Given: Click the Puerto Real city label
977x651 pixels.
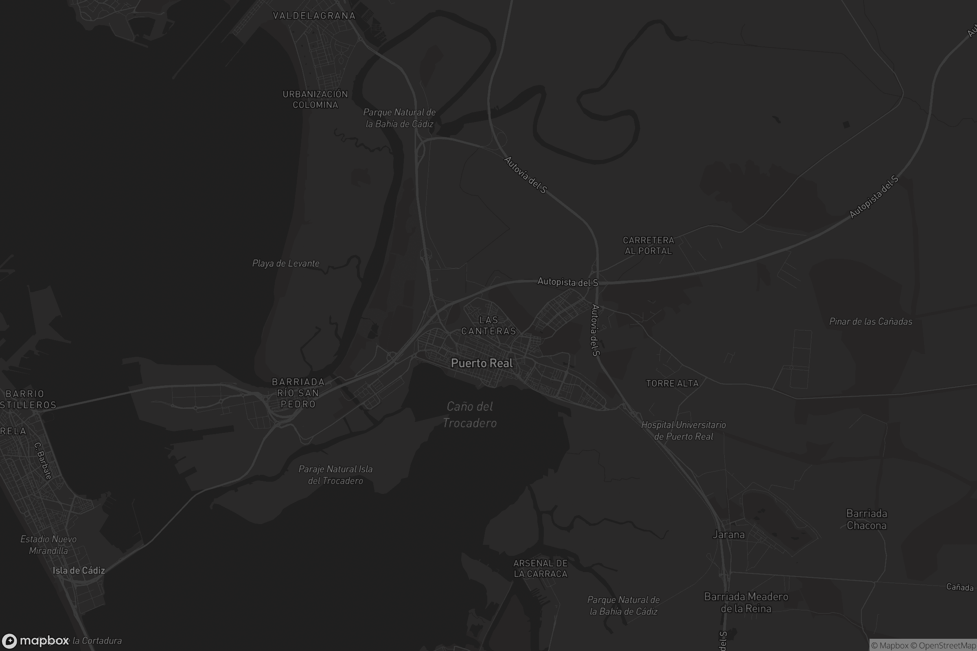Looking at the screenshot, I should (x=482, y=363).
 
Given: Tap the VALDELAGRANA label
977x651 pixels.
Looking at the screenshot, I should (x=314, y=16).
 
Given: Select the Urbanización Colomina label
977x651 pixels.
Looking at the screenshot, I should (x=315, y=99).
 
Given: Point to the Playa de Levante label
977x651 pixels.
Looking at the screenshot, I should (x=286, y=263).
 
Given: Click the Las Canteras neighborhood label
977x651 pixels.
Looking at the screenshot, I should (x=488, y=325).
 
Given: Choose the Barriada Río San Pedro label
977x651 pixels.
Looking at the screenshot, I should (x=298, y=393).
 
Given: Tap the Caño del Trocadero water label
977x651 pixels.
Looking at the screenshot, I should (x=470, y=414).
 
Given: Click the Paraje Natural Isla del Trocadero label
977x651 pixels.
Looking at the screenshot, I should (x=335, y=474).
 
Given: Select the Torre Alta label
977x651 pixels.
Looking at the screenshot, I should (x=672, y=383).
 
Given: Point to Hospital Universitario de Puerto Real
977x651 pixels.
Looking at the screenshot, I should (x=683, y=430).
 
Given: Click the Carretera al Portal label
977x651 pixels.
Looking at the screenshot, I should (x=648, y=245).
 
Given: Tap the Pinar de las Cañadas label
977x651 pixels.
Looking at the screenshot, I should (x=871, y=321).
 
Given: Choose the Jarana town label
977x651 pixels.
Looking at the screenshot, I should (x=729, y=534).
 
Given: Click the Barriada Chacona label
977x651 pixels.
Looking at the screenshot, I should (x=867, y=520).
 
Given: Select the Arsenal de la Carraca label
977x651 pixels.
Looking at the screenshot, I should (x=541, y=568).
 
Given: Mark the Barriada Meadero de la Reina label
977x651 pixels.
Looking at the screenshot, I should (x=746, y=603).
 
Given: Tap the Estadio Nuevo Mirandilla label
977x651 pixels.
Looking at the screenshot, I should (x=48, y=545).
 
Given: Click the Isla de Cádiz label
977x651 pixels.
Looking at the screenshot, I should (x=79, y=570).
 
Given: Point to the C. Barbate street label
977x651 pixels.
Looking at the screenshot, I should (x=43, y=461).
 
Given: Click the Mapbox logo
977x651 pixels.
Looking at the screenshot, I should (x=36, y=640).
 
